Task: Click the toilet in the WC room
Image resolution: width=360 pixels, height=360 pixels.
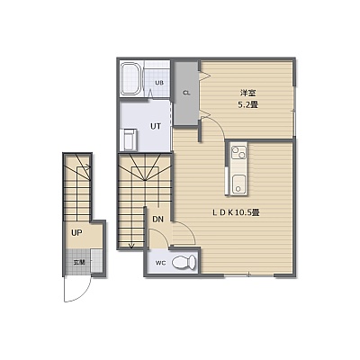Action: (184, 263)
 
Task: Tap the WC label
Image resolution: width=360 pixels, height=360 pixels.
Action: (160, 263)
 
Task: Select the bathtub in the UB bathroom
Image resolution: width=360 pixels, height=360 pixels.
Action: (130, 78)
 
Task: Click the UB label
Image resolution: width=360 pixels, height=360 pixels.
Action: (159, 83)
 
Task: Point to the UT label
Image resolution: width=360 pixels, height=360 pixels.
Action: (156, 126)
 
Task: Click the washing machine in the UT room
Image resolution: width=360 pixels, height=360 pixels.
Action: (129, 139)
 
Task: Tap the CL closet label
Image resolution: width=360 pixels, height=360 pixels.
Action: (186, 93)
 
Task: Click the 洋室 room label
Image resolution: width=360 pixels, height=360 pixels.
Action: (248, 93)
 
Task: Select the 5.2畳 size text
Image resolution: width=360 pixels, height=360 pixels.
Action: (248, 104)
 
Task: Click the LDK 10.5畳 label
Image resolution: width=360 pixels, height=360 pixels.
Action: (236, 212)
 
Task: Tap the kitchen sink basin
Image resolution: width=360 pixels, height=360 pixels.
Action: (239, 184)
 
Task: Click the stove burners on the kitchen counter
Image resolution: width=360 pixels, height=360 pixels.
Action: (239, 153)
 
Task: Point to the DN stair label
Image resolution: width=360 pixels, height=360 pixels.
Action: (158, 220)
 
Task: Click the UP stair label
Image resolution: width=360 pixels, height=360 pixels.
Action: (77, 232)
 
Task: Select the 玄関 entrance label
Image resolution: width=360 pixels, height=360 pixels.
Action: (79, 263)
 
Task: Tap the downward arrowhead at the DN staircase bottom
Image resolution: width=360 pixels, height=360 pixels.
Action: (131, 246)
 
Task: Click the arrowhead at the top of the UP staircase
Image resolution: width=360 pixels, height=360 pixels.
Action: (89, 166)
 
